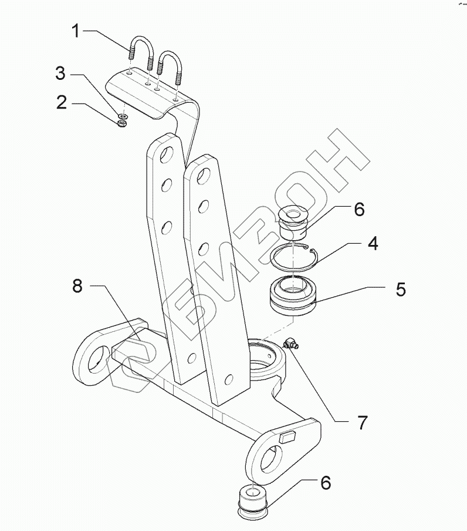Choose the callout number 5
click(x=400, y=289)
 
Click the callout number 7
click(x=363, y=422)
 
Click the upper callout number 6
click(x=359, y=209)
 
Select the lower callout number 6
click(x=325, y=483)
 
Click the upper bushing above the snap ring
click(x=294, y=220)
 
